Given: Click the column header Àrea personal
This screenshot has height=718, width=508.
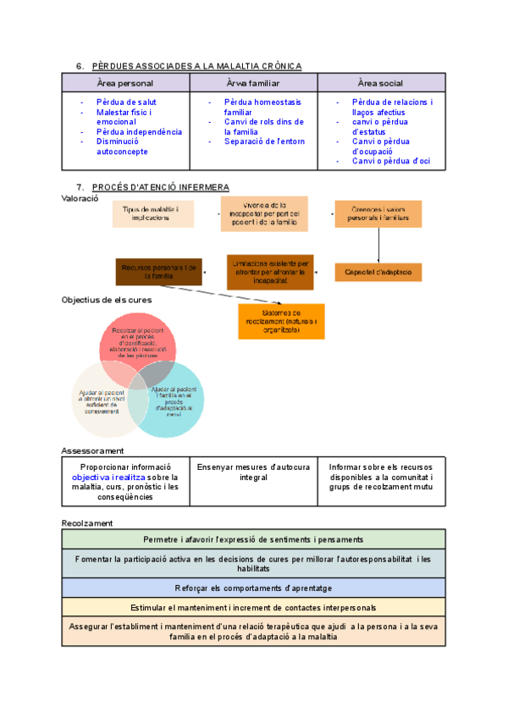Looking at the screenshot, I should (125, 83).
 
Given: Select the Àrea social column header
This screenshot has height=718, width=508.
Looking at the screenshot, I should (380, 83).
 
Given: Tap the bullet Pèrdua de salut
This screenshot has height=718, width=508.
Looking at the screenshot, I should (126, 102).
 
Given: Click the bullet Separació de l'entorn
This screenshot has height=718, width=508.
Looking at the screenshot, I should (263, 141).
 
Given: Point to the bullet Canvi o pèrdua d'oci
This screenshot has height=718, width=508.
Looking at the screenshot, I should (391, 161).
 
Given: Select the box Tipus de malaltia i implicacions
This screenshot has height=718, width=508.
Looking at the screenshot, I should (153, 213).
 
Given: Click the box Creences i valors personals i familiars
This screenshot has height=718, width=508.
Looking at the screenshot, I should (378, 213).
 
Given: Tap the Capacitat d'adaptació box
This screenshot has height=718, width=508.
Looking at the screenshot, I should (378, 272).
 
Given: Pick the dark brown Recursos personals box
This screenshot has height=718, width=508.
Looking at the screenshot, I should (158, 271).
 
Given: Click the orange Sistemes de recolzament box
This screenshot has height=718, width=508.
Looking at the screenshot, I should (281, 321).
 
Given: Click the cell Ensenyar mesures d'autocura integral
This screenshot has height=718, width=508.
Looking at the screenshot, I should (253, 472).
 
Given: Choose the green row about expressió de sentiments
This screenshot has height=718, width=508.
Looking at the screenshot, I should (253, 539).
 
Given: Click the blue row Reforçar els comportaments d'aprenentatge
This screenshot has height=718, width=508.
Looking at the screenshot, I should (253, 588).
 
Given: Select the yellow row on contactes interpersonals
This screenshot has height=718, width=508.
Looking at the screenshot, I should (253, 608).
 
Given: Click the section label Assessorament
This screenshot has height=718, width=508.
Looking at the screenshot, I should (93, 450).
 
